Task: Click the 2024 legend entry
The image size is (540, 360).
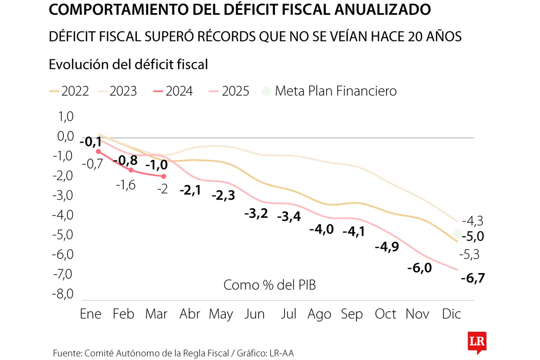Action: point(173,91)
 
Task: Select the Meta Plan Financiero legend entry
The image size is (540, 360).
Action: point(329,91)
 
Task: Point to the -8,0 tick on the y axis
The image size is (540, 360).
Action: point(63,294)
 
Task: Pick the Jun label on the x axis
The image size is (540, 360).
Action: point(254,314)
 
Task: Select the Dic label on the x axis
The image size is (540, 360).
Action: point(451,314)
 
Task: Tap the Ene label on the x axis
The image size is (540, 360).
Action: point(90,314)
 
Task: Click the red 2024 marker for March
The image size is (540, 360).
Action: point(163,176)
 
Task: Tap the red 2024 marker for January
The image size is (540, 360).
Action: point(99,152)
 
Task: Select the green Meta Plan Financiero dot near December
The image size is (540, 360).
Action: point(458,234)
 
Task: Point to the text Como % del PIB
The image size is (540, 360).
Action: point(270,285)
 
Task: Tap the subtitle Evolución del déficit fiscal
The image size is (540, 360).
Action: point(128,64)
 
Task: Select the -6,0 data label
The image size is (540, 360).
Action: point(419,268)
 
